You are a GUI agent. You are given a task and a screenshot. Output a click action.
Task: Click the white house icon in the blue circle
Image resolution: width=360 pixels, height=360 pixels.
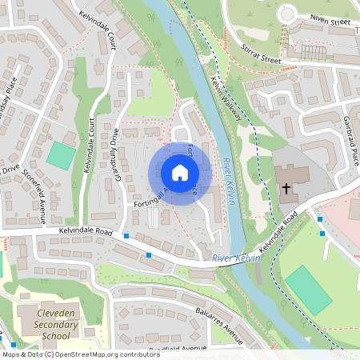[x=179, y=173]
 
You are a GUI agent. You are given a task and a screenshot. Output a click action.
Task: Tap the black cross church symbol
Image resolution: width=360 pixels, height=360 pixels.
[x=286, y=188]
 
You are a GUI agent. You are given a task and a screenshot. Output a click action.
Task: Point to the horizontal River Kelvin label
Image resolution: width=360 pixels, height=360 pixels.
[x=237, y=258]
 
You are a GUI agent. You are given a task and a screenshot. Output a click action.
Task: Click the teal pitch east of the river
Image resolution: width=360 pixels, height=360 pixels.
[x=308, y=290]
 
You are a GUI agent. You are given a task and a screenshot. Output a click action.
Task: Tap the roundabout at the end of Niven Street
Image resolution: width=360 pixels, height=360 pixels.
[x=288, y=14]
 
